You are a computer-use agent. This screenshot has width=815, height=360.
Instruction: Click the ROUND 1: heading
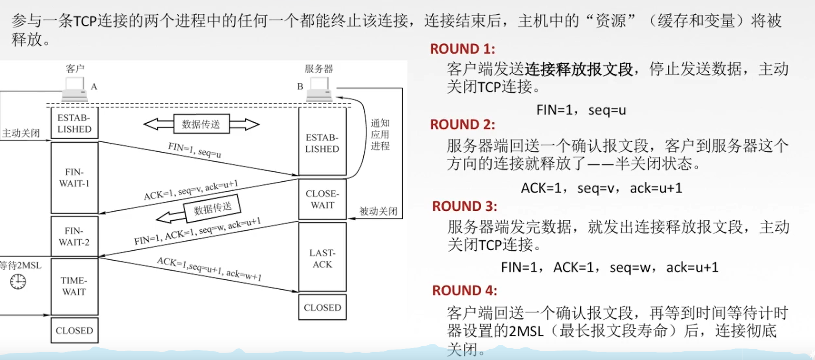462,49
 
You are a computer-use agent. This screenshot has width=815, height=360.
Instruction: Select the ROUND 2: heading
462,125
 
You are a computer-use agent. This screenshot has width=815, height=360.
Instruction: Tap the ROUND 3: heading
464,206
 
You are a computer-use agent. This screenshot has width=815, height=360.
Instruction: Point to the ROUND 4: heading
464,291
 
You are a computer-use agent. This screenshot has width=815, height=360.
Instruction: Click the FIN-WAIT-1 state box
74,178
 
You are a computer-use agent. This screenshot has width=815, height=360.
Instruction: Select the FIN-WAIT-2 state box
74,236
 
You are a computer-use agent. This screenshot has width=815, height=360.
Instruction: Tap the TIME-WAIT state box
74,286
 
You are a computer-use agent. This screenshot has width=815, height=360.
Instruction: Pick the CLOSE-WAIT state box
322,200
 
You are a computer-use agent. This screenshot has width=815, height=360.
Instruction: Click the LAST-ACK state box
322,259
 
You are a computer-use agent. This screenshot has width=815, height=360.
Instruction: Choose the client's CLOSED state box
74,331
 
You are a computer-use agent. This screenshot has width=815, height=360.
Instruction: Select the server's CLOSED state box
322,308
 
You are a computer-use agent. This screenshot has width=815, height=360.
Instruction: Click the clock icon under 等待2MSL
18,282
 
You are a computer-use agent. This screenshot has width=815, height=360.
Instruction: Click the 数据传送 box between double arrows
201,124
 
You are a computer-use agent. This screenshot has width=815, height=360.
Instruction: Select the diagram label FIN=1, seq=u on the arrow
194,150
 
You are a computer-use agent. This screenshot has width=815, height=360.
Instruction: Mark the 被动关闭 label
378,211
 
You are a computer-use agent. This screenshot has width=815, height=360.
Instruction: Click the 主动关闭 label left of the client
21,133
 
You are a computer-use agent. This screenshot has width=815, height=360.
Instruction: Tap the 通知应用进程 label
380,134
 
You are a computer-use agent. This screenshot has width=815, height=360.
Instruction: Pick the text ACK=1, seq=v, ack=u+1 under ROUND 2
601,188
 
